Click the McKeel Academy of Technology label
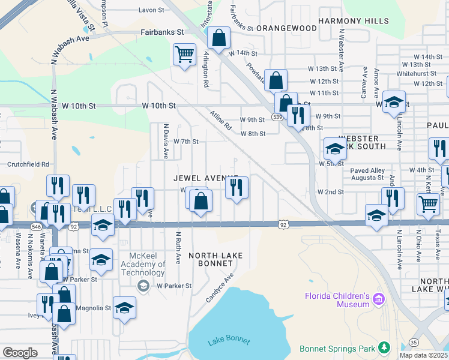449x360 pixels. [x=144, y=264]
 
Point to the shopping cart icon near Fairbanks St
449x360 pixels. [x=185, y=55]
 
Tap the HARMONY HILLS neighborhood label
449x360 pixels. [x=353, y=21]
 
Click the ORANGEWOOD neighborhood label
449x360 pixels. [x=286, y=28]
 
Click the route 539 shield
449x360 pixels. [x=277, y=117]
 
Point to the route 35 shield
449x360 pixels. [x=414, y=343]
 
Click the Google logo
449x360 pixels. [x=20, y=353]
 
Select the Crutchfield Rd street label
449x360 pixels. [x=28, y=164]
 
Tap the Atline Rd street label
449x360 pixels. [x=220, y=120]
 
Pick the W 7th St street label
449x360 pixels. [x=185, y=142]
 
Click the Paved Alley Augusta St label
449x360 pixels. [x=367, y=175]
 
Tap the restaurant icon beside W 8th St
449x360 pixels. [x=298, y=116]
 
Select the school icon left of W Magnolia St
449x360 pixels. [x=124, y=308]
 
